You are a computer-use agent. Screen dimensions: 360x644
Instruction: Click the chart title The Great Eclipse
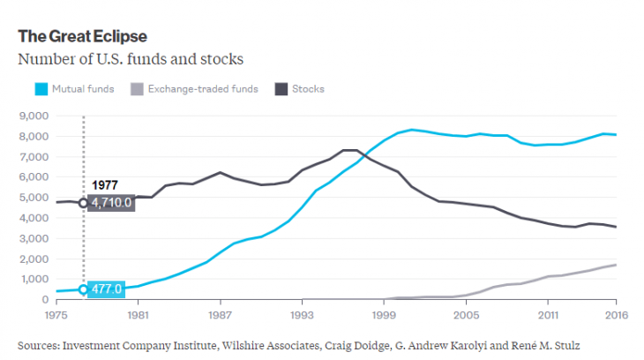[x=82, y=36]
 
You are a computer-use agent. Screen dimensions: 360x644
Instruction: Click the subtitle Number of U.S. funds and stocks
[x=131, y=60]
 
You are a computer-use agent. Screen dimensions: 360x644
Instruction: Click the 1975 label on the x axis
[x=55, y=314]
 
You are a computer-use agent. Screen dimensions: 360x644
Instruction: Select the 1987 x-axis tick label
[x=219, y=314]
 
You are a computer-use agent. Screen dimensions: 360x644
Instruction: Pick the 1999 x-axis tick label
[x=383, y=314]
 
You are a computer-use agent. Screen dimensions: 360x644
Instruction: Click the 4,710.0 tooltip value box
[x=113, y=203]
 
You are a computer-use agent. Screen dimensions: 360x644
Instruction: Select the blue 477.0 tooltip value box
[x=109, y=289]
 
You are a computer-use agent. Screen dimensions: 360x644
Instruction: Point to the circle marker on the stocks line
[x=84, y=203]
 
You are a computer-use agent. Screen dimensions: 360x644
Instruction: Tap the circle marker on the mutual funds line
[x=84, y=289]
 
